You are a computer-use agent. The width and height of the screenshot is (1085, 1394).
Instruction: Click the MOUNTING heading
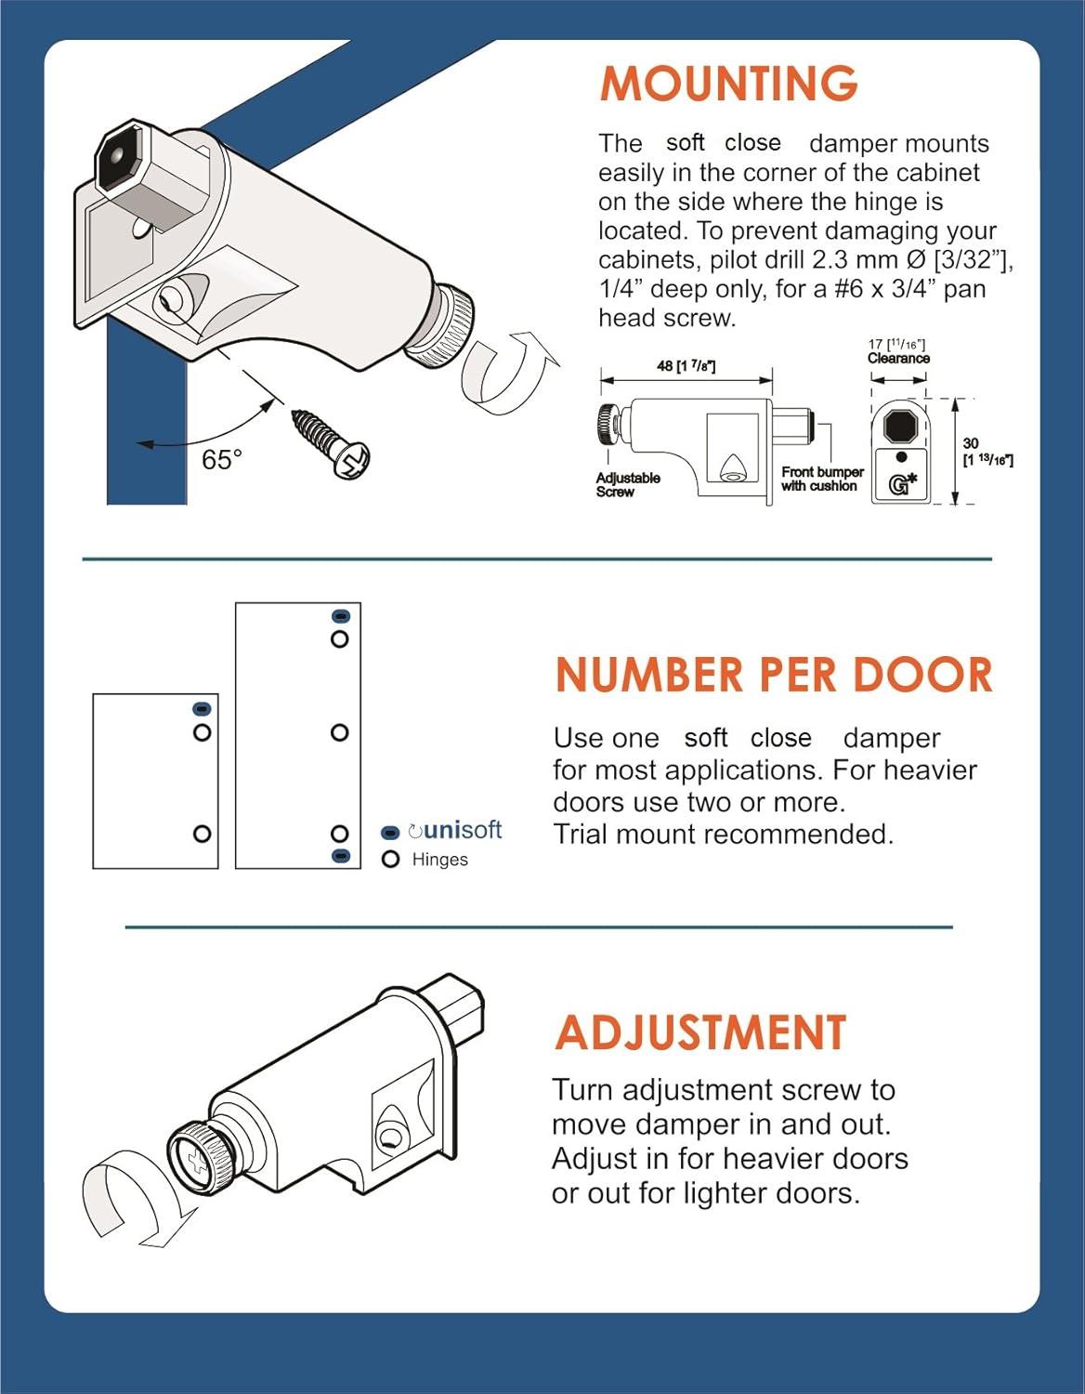[x=728, y=84]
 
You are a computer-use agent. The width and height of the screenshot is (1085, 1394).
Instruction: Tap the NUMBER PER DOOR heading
[x=774, y=675]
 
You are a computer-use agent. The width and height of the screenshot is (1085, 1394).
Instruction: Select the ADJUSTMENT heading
[x=700, y=1032]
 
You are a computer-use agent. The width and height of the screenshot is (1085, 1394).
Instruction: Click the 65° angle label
[x=221, y=460]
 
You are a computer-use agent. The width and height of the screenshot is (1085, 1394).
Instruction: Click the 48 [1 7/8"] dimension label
[x=686, y=365]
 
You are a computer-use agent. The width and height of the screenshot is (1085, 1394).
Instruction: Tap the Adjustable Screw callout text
[x=628, y=484]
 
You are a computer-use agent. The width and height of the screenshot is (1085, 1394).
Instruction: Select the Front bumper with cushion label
[x=822, y=479]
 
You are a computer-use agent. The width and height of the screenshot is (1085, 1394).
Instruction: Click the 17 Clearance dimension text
[x=898, y=351]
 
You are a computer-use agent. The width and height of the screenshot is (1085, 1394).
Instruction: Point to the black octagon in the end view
[x=900, y=427]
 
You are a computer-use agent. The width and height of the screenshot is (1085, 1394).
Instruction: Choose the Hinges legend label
[x=439, y=860]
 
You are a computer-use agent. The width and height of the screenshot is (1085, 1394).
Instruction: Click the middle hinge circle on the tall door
[x=339, y=733]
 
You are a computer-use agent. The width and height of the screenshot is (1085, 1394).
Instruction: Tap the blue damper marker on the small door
[x=202, y=709]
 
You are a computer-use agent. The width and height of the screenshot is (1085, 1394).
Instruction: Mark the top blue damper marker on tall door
[x=340, y=616]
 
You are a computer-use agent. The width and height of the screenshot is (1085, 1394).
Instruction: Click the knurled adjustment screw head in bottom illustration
[x=199, y=1158]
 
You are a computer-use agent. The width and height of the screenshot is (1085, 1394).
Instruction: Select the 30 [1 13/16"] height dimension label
[x=986, y=452]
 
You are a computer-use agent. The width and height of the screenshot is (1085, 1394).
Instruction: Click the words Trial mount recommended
[x=723, y=835]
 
